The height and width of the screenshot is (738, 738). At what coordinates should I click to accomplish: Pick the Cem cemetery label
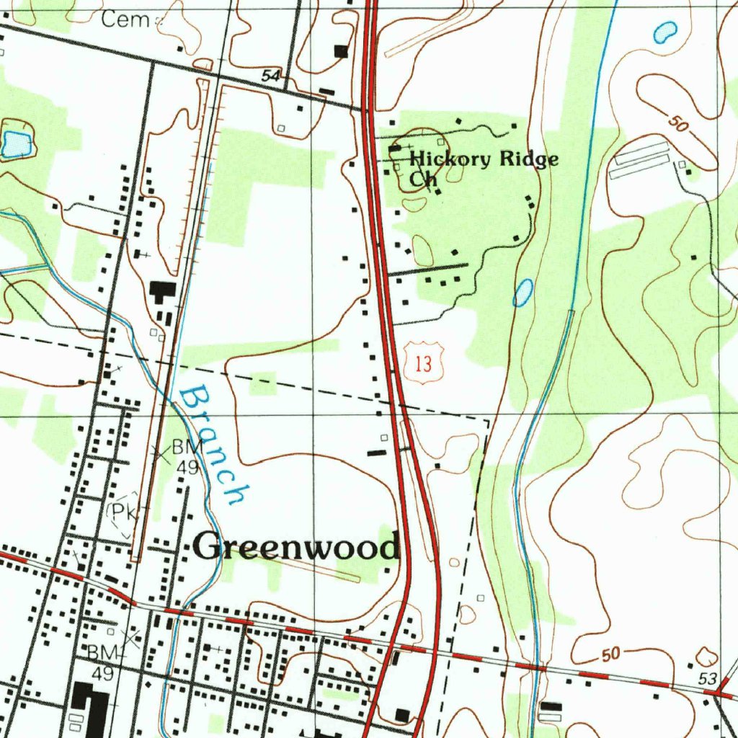click(x=125, y=19)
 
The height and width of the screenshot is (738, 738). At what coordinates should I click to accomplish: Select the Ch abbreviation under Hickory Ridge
click(x=423, y=179)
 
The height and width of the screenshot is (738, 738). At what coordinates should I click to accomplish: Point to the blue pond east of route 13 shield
click(x=523, y=292)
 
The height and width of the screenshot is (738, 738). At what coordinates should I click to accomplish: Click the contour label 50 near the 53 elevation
click(x=610, y=654)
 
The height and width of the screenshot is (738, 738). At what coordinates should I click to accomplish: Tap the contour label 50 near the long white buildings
click(x=677, y=124)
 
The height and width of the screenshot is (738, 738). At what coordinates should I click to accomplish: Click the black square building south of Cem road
click(x=341, y=50)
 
